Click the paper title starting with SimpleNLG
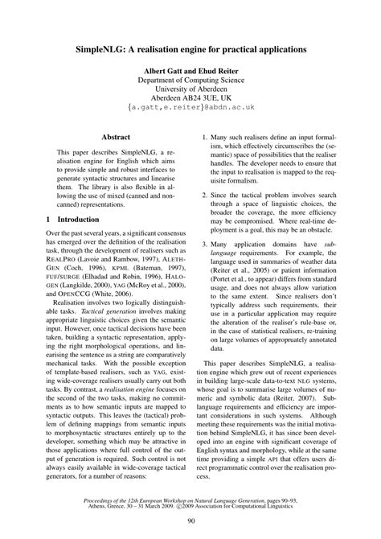point(190,49)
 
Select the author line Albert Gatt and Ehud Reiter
point(190,72)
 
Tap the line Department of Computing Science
point(190,83)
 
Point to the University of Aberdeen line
point(190,93)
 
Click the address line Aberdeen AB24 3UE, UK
point(190,105)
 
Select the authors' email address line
point(190,116)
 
